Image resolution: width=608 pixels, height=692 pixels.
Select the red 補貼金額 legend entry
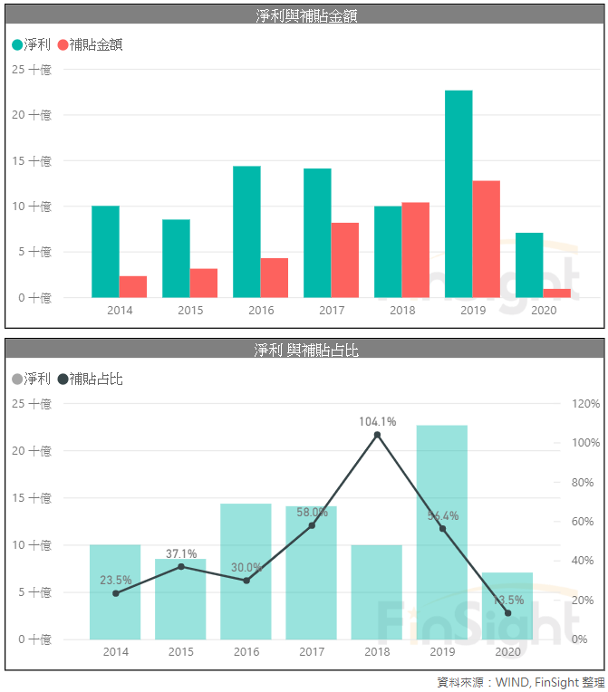point(90,44)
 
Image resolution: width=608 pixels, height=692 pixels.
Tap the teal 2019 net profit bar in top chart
point(458,194)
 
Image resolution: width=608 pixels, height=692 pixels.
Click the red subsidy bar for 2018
point(415,250)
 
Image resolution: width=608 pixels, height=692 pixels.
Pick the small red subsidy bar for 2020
point(557,293)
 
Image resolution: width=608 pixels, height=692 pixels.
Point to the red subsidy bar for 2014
point(132,286)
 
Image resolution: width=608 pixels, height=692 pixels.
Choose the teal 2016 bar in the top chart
point(246,232)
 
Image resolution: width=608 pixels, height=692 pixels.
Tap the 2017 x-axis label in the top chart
point(332,311)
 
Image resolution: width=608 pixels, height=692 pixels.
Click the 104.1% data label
point(377,421)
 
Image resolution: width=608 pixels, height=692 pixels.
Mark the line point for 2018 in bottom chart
point(377,435)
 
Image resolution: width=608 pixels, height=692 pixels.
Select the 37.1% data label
point(181,553)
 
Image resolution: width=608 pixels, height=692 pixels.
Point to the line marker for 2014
point(115,593)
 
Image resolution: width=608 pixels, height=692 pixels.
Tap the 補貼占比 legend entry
point(90,379)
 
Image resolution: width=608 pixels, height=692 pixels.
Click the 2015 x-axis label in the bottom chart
point(181,652)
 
